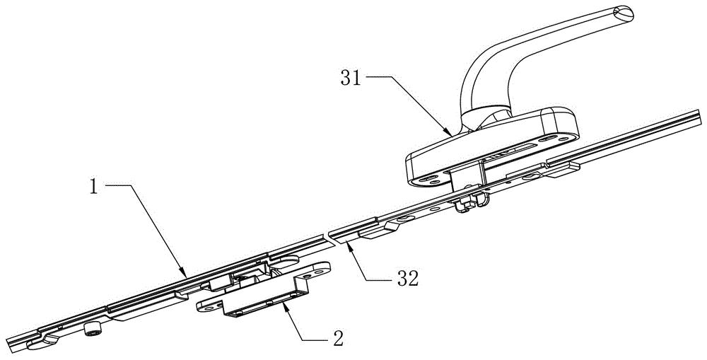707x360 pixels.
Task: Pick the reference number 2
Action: pyautogui.click(x=337, y=337)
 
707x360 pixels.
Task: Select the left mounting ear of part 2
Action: pyautogui.click(x=209, y=306)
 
